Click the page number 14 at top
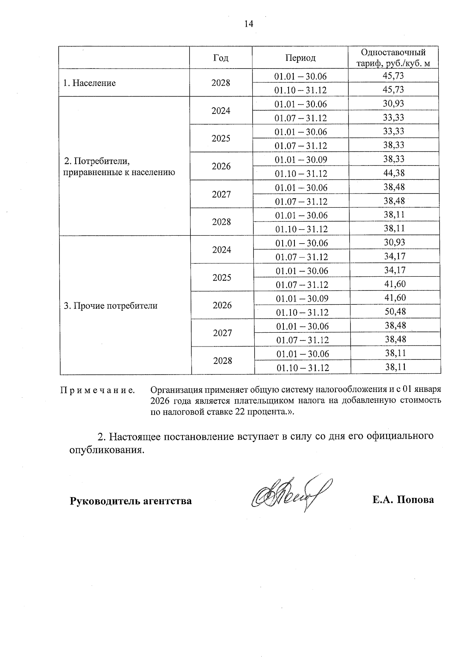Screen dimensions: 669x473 [248, 24]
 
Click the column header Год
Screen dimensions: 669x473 [221, 58]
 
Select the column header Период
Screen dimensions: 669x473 [300, 58]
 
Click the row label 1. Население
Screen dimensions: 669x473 [89, 83]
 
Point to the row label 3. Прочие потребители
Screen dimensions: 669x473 [111, 306]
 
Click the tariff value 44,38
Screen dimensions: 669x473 [394, 173]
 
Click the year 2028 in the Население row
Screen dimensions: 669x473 [221, 83]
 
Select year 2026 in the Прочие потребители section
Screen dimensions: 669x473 [222, 306]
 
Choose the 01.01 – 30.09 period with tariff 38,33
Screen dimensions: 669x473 [301, 160]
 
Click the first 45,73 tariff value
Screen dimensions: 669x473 [393, 76]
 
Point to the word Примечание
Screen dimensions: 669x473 [97, 391]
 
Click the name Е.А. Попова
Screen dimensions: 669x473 [403, 500]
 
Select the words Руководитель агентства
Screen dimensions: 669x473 [130, 501]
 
